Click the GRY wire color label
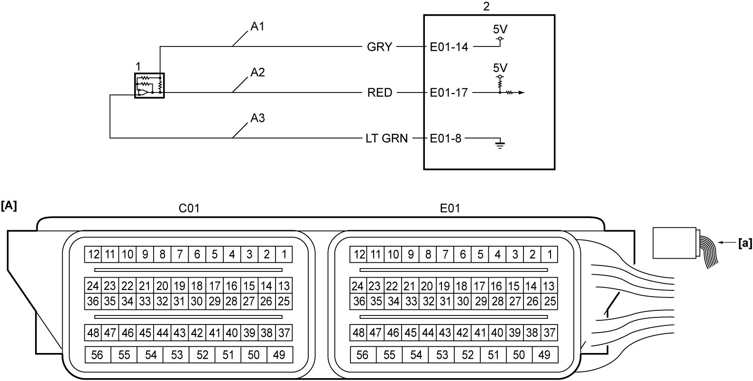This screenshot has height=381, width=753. pos(379,47)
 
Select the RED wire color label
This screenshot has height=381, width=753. pos(379,93)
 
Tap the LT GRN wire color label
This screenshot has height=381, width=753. pos(386,138)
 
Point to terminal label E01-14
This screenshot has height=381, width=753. pos(449,47)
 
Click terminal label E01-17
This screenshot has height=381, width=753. pos(449,93)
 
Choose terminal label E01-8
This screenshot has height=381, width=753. pos(445,138)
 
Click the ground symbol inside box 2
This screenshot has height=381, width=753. pos(500,144)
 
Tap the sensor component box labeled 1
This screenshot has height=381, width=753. pos(149,85)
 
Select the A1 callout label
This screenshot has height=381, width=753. pos(257,27)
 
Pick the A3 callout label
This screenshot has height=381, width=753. pos(257,118)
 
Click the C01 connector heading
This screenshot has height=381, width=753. pos(189,208)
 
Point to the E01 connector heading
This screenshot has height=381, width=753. pos(450,208)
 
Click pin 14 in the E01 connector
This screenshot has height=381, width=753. pos(531,286)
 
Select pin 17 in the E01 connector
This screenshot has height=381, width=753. pos(479,286)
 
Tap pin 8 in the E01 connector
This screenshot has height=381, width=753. pos(428,254)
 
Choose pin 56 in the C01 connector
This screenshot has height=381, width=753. pos(98,355)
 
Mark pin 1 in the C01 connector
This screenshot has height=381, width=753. pos(284,254)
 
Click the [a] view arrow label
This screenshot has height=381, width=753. pos(745,243)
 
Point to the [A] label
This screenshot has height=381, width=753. pos(9,205)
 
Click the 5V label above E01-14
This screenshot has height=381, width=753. pos(500,29)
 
